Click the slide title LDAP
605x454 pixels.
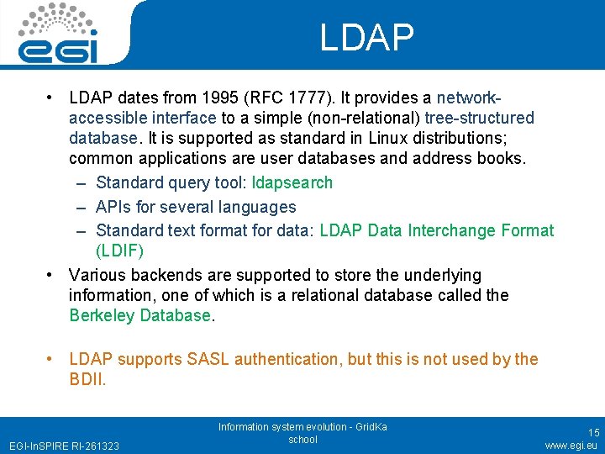tap(367, 37)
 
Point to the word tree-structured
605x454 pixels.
tap(479, 118)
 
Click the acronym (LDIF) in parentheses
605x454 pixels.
tap(119, 251)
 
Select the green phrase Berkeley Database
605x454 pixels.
tap(140, 315)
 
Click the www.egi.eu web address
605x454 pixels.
tap(571, 445)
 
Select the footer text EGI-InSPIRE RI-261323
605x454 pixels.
tap(64, 446)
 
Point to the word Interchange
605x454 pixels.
tap(453, 230)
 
